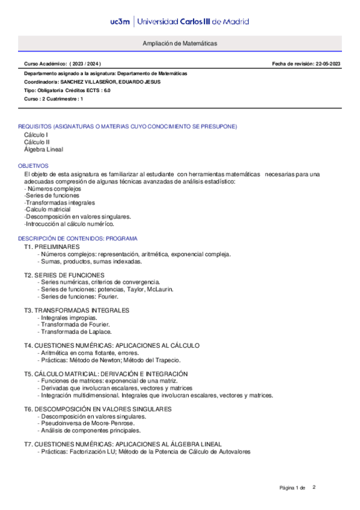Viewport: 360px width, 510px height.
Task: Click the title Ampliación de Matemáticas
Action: point(180,44)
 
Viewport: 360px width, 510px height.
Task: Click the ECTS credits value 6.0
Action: point(106,90)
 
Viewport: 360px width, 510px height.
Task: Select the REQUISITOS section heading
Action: point(127,127)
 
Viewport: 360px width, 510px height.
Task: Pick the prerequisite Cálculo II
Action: point(37,142)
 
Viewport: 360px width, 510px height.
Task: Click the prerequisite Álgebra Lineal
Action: point(43,149)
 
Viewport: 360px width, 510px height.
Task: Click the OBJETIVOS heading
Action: point(34,165)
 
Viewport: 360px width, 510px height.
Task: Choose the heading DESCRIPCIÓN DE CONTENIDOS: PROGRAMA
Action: point(78,239)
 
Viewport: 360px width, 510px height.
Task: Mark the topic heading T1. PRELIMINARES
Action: point(52,247)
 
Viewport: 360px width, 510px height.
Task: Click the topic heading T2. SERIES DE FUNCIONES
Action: point(64,275)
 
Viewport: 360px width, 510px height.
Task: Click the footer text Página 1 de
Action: point(293,487)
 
